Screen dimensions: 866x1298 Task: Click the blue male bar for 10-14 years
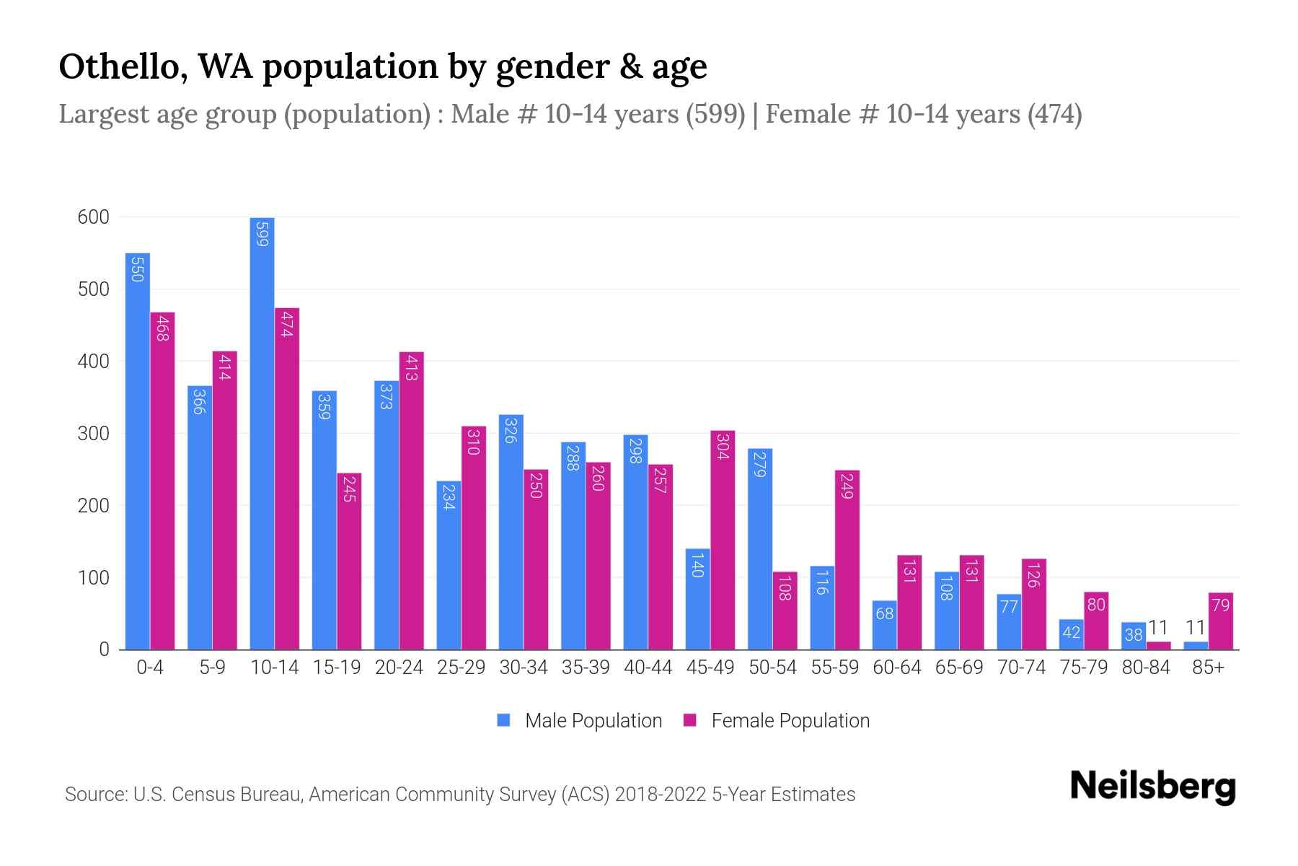pos(262,433)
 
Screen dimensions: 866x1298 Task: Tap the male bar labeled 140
pos(697,599)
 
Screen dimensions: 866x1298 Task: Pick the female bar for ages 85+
pos(1220,621)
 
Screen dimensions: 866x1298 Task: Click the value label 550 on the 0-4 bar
pos(138,270)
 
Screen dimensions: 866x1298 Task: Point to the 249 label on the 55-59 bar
pos(847,486)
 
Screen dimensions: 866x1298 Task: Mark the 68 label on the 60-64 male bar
pos(884,613)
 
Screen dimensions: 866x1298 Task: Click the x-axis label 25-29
pos(461,668)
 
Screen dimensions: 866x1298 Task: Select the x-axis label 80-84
pos(1145,668)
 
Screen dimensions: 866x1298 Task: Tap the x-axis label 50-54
pos(772,668)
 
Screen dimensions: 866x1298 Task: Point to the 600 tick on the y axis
pos(94,217)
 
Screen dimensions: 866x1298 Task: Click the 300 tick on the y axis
pos(94,434)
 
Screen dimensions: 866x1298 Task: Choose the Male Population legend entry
pos(593,720)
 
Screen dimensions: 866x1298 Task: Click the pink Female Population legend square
pos(690,720)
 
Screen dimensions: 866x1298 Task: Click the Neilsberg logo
pos(1152,787)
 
